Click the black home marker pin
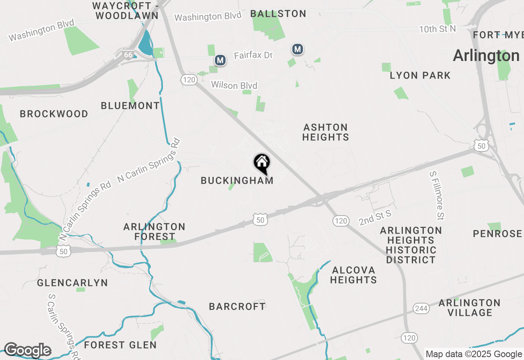pyautogui.click(x=262, y=163)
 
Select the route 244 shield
pyautogui.click(x=420, y=308)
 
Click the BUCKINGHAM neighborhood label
pyautogui.click(x=237, y=180)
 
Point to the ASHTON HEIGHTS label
pyautogui.click(x=325, y=132)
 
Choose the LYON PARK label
pyautogui.click(x=420, y=75)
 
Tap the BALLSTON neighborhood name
pyautogui.click(x=278, y=13)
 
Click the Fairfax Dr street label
pyautogui.click(x=253, y=55)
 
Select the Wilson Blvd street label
pyautogui.click(x=234, y=85)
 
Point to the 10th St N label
pyautogui.click(x=438, y=29)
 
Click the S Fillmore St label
pyautogui.click(x=437, y=195)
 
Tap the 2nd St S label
pyautogui.click(x=375, y=218)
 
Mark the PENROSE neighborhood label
pyautogui.click(x=497, y=234)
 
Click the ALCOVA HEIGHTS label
pyautogui.click(x=353, y=275)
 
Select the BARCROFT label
pyautogui.click(x=237, y=306)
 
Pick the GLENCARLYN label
pyautogui.click(x=72, y=283)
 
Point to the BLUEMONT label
pyautogui.click(x=130, y=106)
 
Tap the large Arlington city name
pyautogui.click(x=486, y=56)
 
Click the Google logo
pyautogui.click(x=27, y=351)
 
